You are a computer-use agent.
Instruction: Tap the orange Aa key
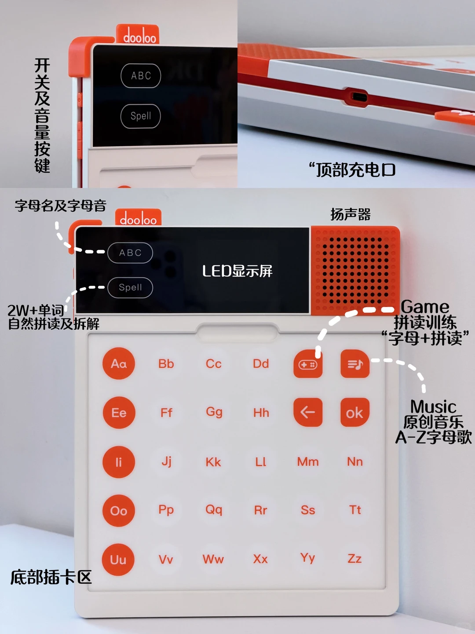click(119, 364)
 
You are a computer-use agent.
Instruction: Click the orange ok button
click(354, 413)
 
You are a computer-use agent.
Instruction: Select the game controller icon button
click(308, 364)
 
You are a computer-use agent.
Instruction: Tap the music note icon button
click(355, 364)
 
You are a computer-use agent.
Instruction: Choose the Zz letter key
click(354, 559)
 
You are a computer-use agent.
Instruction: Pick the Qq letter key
click(214, 510)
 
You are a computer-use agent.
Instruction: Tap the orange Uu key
click(118, 560)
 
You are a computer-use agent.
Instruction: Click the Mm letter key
click(308, 461)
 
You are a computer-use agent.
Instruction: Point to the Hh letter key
click(261, 413)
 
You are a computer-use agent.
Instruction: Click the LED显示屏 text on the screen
click(237, 271)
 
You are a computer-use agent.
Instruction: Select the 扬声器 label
click(351, 214)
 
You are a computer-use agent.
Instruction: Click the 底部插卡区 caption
click(51, 577)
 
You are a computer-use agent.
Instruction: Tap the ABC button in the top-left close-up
click(141, 76)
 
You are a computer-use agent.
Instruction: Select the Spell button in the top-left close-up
click(141, 116)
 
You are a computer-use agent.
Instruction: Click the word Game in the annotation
click(425, 307)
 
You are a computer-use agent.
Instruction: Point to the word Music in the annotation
click(433, 406)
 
